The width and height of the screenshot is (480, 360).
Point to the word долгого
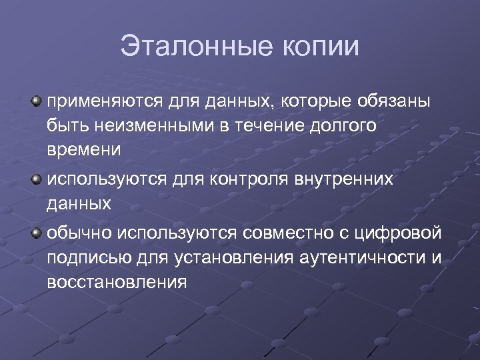point(347,126)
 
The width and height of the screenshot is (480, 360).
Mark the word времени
point(84,149)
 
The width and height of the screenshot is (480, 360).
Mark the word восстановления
point(117,281)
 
